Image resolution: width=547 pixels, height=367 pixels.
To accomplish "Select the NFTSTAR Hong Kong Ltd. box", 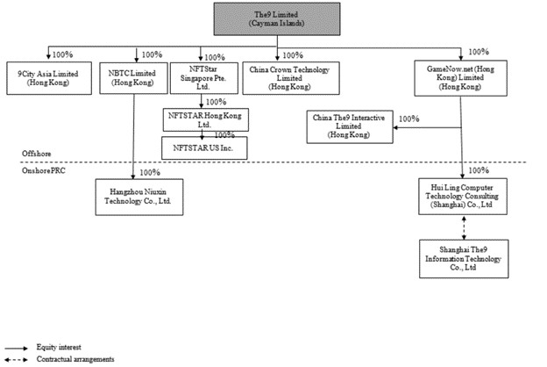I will [x=203, y=119].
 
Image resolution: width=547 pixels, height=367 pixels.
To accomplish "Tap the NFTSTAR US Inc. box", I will [x=203, y=147].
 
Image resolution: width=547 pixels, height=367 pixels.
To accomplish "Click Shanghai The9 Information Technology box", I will [x=462, y=259].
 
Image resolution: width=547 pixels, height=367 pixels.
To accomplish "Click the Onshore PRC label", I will [x=41, y=169].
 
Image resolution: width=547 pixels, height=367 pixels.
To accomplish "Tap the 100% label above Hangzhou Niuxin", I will [x=150, y=173].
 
